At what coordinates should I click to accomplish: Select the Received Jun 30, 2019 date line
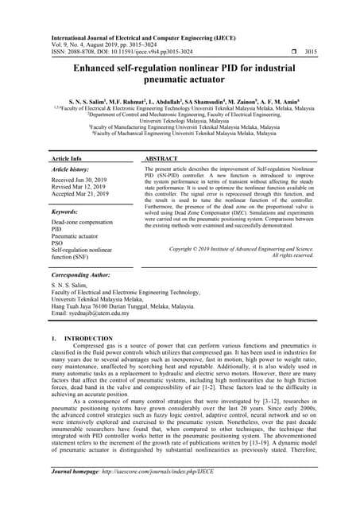(79, 181)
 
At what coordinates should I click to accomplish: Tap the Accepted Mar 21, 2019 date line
(79, 195)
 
